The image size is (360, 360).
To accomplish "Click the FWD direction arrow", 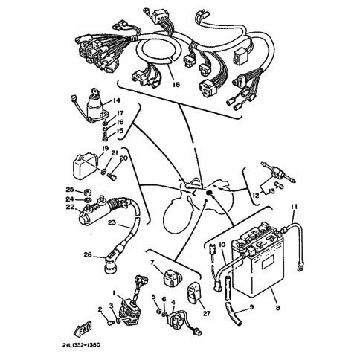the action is coord(83,328).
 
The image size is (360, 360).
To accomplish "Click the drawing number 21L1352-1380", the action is coord(82,345).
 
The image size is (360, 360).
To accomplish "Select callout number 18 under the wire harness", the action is coord(176,85).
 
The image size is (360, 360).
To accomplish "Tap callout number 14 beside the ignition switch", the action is coord(116,100).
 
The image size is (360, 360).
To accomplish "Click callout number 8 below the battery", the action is coord(277,308).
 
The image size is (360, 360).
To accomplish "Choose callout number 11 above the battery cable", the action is coord(294,207).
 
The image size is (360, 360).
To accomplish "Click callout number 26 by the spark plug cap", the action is coord(88,254).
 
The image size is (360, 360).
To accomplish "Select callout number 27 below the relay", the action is coord(207,313).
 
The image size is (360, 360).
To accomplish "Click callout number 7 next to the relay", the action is coord(152,262).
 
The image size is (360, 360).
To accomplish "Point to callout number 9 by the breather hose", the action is coord(251,307).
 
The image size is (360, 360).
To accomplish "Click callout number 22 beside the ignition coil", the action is coord(70,206).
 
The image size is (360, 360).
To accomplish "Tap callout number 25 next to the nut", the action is coord(70,190).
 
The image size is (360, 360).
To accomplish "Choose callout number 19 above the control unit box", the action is coord(105,149).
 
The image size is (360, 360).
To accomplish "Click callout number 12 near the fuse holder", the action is coord(256,196).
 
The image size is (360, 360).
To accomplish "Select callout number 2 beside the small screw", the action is coord(100,309).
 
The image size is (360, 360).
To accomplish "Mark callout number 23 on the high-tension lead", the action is coord(112,222).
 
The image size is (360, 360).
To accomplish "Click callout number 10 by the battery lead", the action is coord(222,245).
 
